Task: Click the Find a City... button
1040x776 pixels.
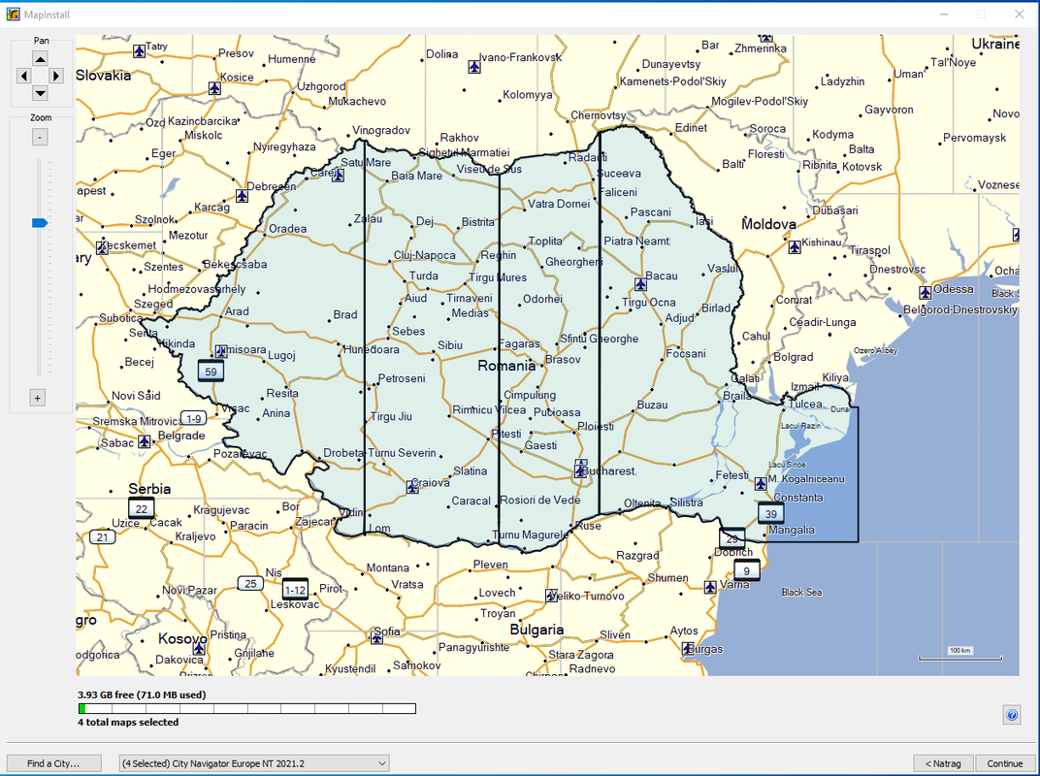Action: coord(53,763)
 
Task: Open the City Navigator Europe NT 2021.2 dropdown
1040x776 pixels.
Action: coord(253,763)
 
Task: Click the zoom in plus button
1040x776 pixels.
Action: coord(38,398)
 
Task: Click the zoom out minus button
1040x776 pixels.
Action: coord(40,138)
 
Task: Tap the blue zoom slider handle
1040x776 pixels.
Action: coord(40,223)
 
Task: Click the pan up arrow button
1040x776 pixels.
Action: coord(40,58)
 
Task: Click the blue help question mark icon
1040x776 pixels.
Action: coord(1012,715)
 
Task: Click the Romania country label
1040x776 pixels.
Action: coord(505,367)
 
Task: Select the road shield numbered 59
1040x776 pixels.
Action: coord(210,371)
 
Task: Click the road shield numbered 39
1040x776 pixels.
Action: coord(771,514)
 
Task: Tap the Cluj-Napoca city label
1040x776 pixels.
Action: coord(424,256)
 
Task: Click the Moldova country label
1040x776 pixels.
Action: coord(768,224)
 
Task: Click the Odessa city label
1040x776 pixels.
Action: coord(953,289)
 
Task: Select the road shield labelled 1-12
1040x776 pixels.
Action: coord(295,590)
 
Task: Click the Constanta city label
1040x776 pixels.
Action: coord(797,498)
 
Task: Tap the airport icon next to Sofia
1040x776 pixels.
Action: coord(376,637)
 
